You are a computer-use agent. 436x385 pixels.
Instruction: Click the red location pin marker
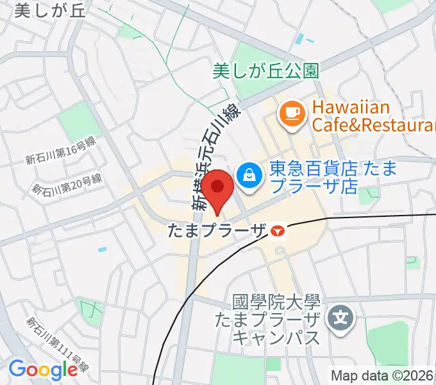219,188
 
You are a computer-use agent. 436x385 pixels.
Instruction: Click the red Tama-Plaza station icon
277,230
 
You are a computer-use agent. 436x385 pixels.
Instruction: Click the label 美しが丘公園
265,71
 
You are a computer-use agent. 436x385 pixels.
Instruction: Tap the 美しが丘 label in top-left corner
44,10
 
